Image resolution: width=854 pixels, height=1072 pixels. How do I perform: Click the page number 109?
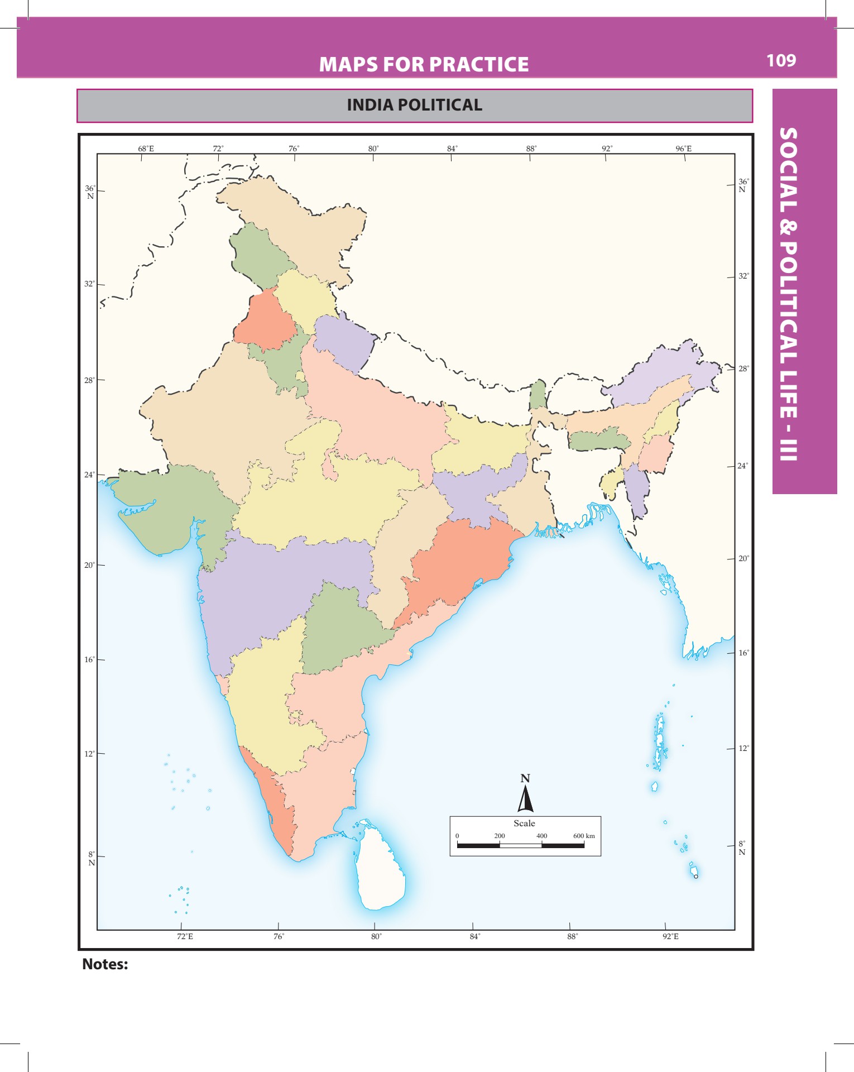click(781, 60)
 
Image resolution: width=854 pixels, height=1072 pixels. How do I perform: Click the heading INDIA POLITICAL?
click(414, 105)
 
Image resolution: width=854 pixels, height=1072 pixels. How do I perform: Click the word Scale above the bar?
click(524, 824)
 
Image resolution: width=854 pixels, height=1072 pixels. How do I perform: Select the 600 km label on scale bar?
click(584, 836)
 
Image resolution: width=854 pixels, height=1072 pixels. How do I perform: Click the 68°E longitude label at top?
click(146, 149)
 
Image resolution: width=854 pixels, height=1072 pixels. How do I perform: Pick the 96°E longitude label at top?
click(683, 149)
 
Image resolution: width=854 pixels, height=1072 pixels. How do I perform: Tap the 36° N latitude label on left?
click(90, 192)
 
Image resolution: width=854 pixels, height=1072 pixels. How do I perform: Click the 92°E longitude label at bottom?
click(670, 936)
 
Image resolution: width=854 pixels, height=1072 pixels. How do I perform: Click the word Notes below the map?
click(105, 964)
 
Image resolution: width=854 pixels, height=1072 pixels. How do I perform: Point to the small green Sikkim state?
click(538, 395)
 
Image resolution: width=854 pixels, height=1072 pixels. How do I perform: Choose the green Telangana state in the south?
click(340, 628)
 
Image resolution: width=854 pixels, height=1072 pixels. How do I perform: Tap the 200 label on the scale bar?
click(499, 836)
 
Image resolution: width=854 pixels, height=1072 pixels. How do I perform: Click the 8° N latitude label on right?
click(742, 848)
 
